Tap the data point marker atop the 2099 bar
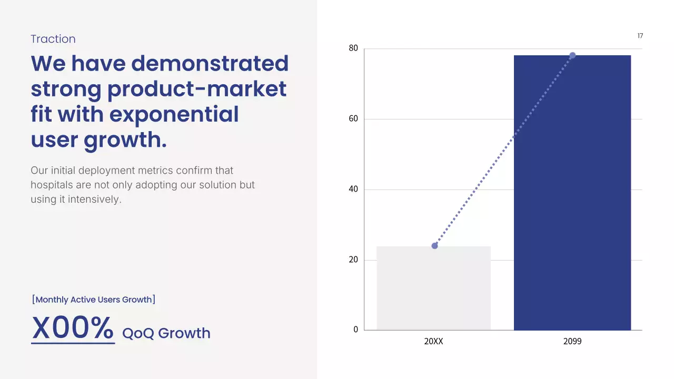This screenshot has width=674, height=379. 572,55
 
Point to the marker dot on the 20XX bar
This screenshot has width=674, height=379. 434,246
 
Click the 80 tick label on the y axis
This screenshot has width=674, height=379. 353,48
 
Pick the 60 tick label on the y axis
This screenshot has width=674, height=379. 353,119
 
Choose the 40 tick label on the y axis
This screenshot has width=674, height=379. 353,189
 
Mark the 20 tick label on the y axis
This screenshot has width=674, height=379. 353,260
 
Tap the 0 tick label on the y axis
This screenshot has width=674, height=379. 355,330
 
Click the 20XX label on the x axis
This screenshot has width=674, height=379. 433,342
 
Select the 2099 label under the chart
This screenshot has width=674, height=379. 572,342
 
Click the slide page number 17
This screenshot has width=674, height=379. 640,36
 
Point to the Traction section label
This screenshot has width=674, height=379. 53,39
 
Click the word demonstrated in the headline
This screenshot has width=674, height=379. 210,63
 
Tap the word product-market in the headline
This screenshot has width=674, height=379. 197,89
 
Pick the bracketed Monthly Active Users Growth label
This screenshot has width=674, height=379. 94,300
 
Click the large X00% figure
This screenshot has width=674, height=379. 73,328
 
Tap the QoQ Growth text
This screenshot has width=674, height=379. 166,333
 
